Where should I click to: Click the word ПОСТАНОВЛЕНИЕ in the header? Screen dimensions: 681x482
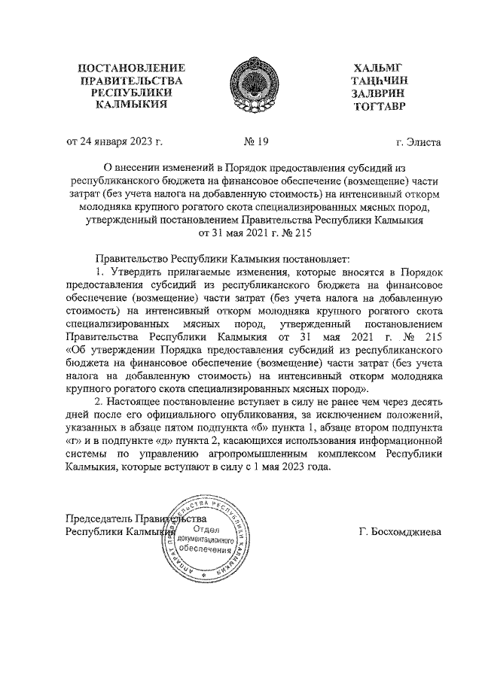(x=132, y=70)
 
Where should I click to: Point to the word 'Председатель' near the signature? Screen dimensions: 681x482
(x=99, y=518)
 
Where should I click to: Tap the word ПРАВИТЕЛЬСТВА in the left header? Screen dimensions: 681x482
(x=132, y=82)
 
